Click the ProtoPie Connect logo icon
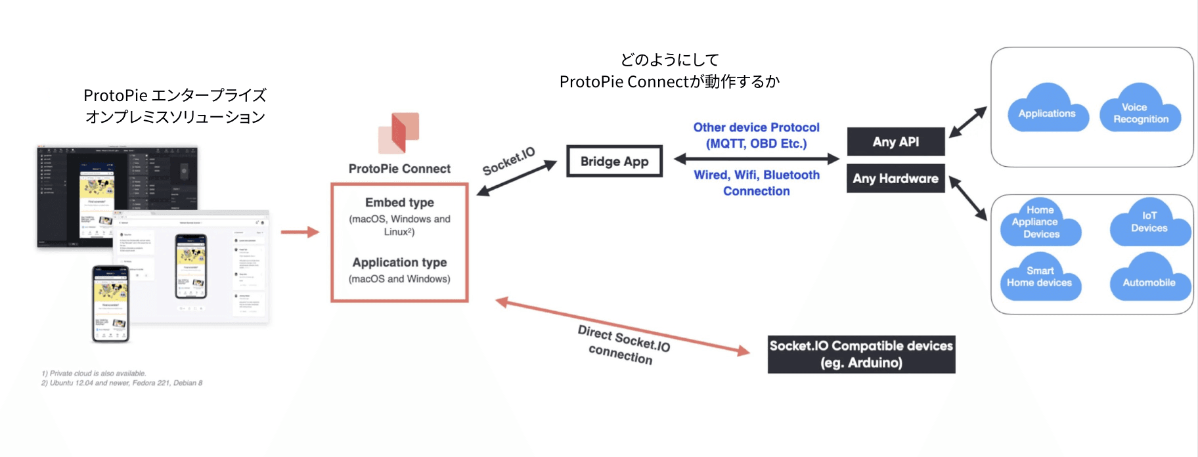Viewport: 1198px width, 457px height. (399, 133)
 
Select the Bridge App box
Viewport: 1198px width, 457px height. (614, 162)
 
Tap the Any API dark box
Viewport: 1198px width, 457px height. (895, 142)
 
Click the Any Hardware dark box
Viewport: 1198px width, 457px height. (895, 179)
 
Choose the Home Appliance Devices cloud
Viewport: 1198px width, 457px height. (1040, 223)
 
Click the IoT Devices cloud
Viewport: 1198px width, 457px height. (1149, 223)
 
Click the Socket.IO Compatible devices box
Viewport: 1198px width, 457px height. (861, 355)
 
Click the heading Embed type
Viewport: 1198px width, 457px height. (399, 202)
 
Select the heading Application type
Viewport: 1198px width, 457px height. (399, 262)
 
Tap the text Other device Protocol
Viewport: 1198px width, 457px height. (756, 127)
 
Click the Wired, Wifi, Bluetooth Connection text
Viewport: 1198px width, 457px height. (757, 183)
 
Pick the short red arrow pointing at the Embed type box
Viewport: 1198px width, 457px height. (299, 232)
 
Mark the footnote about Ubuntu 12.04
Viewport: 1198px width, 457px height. (122, 383)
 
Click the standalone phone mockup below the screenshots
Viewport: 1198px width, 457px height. (110, 303)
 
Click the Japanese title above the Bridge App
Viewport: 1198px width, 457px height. (669, 71)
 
